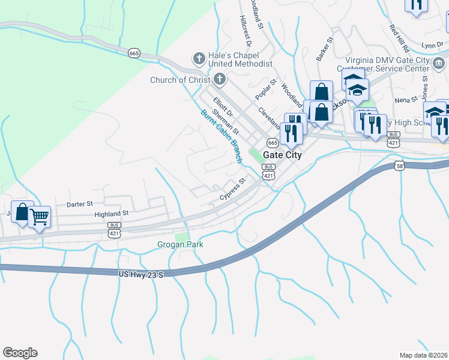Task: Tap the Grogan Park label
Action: click(180, 244)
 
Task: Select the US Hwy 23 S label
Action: click(140, 274)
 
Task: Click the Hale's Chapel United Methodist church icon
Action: click(199, 58)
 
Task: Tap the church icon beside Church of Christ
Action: click(220, 79)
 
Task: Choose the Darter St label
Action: click(80, 204)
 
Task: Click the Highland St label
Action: click(112, 213)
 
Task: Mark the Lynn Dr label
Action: click(432, 45)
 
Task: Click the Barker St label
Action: click(325, 50)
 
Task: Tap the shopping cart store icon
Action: click(39, 216)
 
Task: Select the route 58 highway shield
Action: click(400, 166)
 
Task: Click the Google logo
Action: click(20, 353)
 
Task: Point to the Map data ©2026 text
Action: click(423, 355)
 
